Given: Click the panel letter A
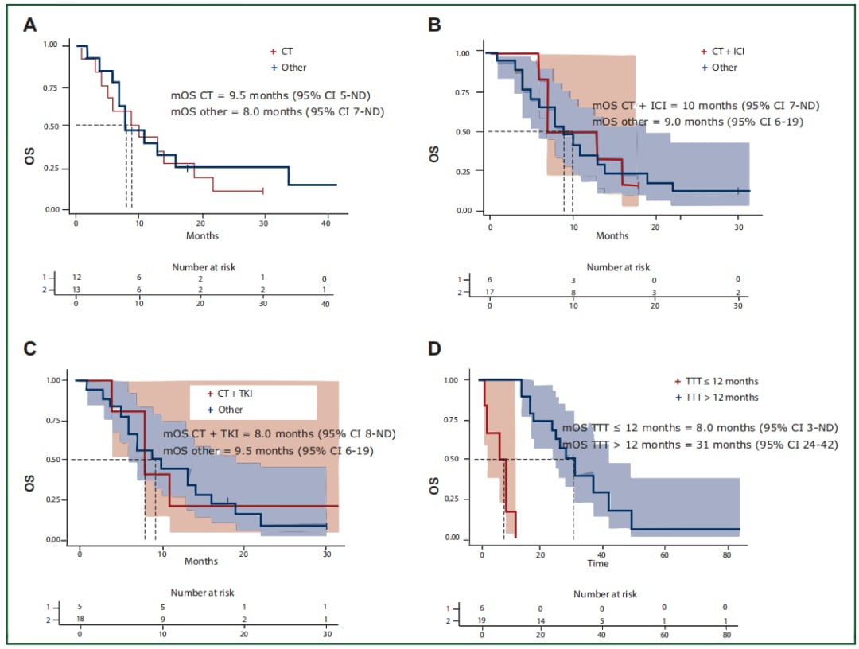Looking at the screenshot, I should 29,25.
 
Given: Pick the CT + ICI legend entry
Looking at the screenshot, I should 722,52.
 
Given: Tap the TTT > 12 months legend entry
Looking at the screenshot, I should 716,397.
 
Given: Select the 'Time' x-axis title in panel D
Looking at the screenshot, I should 598,563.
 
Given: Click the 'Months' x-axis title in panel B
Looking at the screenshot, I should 612,235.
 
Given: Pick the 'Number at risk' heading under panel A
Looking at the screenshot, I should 204,267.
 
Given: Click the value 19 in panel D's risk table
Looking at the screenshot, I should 482,620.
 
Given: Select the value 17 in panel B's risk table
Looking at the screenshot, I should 490,293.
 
